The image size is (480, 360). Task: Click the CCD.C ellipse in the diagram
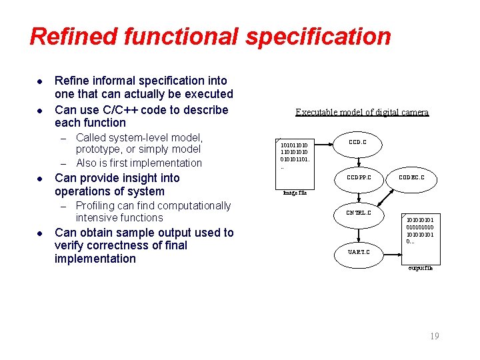click(357, 143)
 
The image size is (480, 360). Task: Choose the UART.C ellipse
click(357, 252)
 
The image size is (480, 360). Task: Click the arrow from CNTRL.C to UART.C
click(358, 233)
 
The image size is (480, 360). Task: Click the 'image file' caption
click(295, 193)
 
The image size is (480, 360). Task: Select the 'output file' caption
click(420, 268)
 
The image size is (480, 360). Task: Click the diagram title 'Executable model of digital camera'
click(362, 112)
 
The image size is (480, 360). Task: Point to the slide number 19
click(435, 337)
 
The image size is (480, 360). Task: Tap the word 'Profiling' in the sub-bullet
click(97, 206)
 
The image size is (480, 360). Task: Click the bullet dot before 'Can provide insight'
click(40, 179)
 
